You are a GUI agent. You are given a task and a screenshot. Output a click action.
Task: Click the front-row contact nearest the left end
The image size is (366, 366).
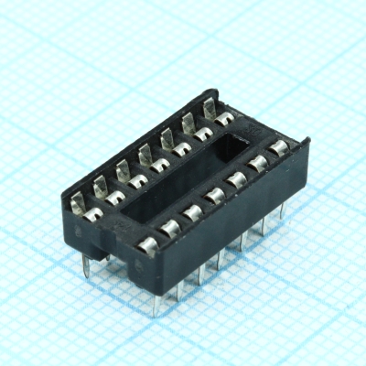click(147, 244)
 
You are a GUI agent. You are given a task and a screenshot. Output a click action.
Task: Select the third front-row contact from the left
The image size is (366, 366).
click(193, 212)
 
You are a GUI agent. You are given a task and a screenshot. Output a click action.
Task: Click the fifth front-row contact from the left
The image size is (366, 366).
click(236, 181)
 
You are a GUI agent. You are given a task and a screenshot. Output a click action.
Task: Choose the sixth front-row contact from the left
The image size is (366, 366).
click(258, 166)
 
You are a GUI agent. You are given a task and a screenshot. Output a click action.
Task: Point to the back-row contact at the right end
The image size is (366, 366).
click(222, 119)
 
